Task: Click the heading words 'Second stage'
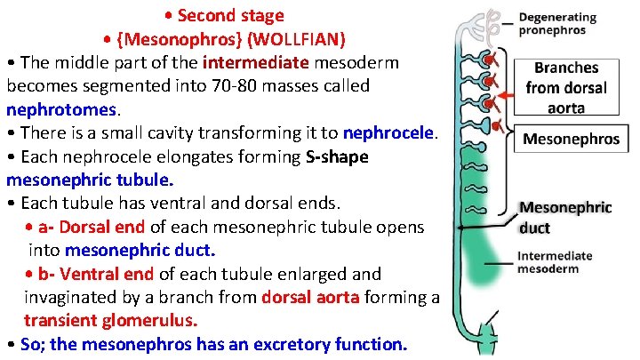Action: point(230,15)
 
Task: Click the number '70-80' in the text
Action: point(266,87)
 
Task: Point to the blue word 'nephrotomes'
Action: point(62,110)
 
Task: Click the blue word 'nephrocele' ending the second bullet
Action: point(389,133)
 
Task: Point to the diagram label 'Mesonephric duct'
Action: point(565,218)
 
